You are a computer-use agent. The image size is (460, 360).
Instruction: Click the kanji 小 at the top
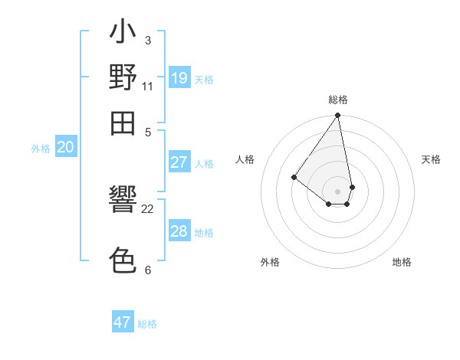[x=123, y=33]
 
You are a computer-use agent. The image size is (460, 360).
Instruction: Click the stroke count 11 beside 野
[x=148, y=85]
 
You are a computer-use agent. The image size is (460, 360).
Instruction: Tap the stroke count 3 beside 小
[x=148, y=40]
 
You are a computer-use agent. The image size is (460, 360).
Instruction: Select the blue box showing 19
[x=179, y=77]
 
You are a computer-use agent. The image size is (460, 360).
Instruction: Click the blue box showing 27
[x=179, y=162]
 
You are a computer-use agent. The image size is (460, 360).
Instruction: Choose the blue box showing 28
[x=179, y=231]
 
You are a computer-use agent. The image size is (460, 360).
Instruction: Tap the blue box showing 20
[x=65, y=148]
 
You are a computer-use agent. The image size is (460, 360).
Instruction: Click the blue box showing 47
[x=123, y=322]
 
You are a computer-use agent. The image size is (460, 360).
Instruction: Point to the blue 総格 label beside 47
[x=148, y=324]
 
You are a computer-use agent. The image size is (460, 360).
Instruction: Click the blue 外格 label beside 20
[x=40, y=149]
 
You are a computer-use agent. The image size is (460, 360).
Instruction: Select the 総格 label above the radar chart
[x=337, y=100]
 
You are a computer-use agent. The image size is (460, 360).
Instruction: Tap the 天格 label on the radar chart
[x=431, y=159]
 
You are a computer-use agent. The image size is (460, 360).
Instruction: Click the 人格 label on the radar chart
[x=245, y=159]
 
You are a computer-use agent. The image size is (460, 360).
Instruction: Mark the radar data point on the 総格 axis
[x=337, y=116]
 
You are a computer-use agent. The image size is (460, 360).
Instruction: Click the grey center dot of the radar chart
[x=337, y=191]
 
